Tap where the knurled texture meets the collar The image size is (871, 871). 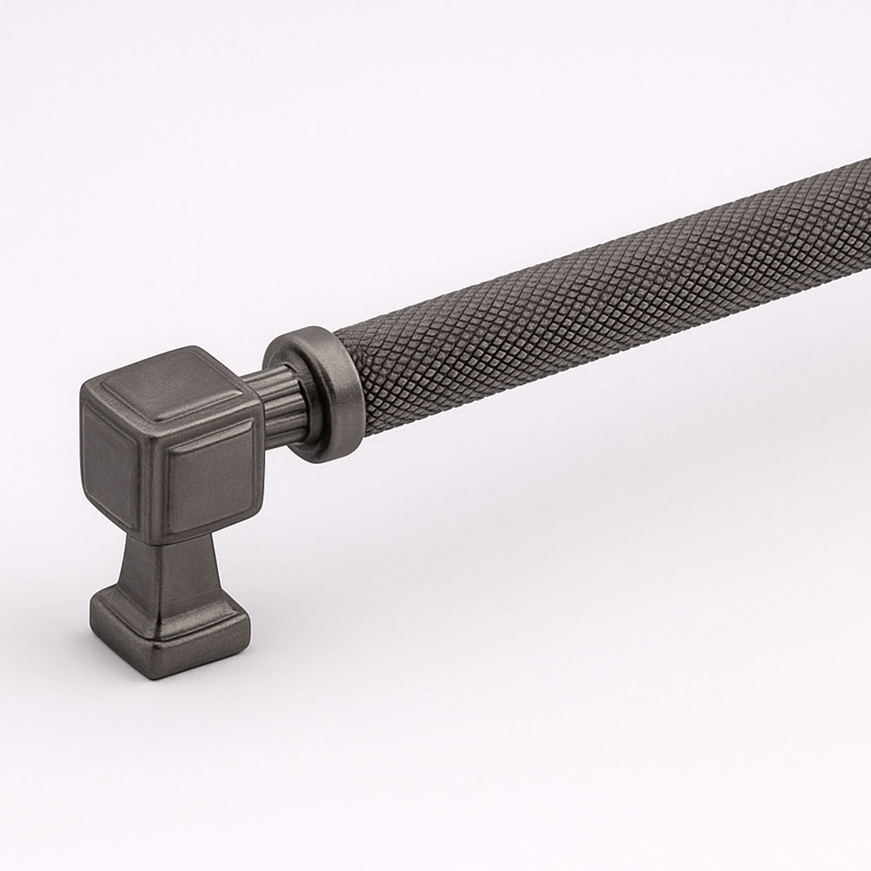tap(345, 354)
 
